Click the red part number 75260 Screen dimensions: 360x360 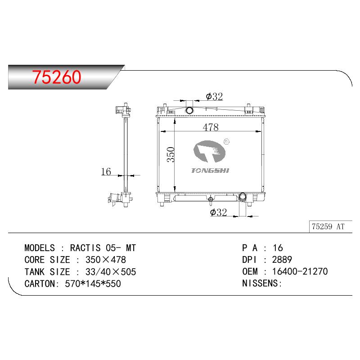57,77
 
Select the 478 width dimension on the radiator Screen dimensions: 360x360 211,127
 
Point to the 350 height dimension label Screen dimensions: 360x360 171,154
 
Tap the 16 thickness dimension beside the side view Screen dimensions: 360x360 106,171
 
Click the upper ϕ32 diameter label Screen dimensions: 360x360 215,96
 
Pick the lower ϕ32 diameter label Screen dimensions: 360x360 219,212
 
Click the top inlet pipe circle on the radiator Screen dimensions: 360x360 189,110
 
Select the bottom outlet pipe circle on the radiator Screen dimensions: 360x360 243,197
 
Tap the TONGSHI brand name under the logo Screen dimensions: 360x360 210,171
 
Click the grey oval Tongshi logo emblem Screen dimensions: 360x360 209,151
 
